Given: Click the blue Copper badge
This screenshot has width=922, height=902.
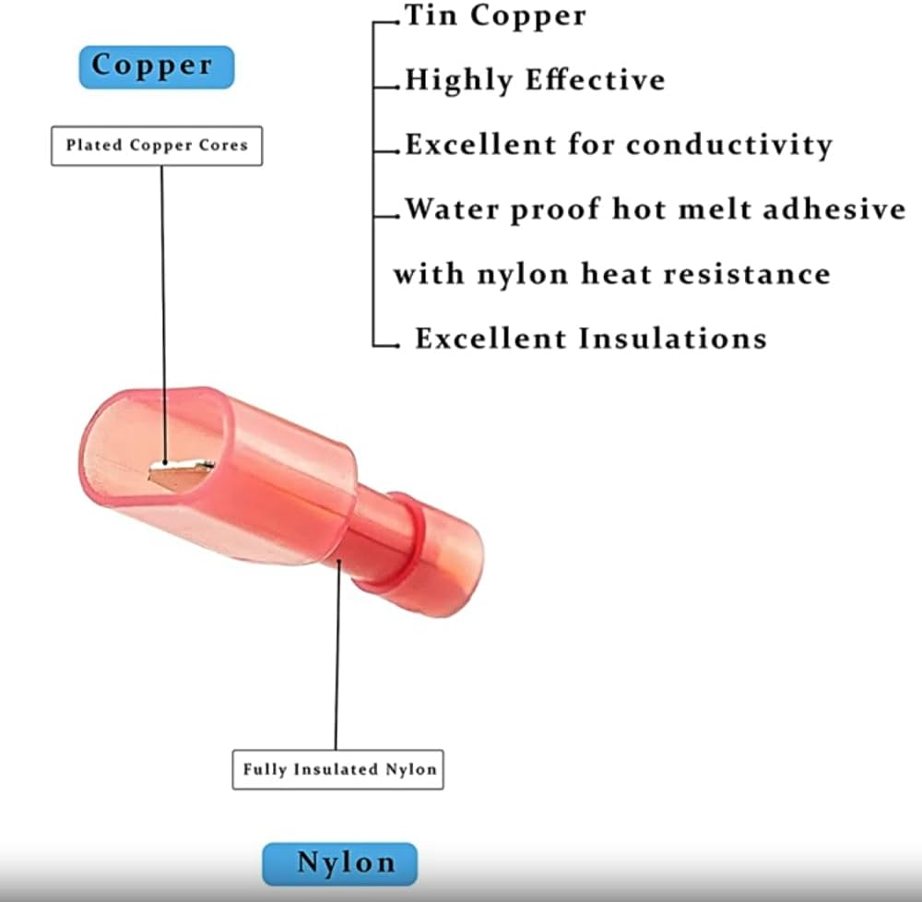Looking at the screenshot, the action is [156, 67].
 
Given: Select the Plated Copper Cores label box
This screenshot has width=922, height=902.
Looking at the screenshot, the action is [157, 146].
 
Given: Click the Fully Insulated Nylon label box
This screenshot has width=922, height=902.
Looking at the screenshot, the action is [337, 768].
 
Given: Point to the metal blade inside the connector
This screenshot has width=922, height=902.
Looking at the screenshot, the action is [181, 474].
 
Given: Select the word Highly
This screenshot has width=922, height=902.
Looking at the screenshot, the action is [460, 81].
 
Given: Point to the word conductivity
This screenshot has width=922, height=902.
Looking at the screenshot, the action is [729, 145].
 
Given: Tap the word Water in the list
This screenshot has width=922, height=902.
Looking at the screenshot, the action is [453, 209].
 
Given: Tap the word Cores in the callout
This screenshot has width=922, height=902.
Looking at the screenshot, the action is [228, 146].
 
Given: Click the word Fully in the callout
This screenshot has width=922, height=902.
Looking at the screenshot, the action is [265, 768].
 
